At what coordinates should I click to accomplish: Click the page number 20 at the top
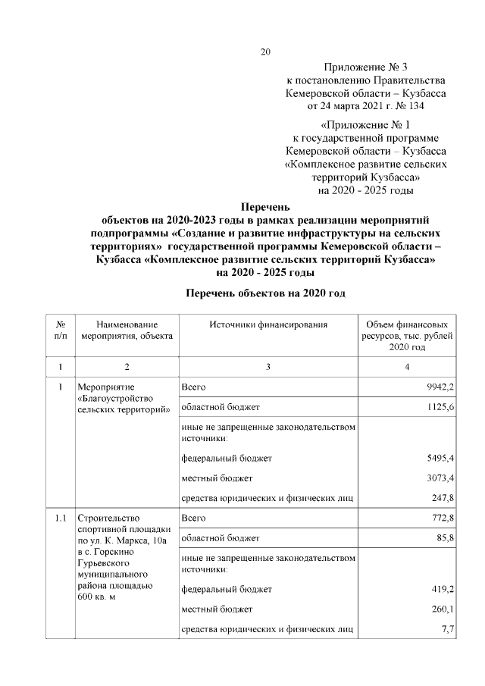[x=264, y=52]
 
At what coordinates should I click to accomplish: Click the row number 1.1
[x=61, y=518]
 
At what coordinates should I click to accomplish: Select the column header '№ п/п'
[x=61, y=330]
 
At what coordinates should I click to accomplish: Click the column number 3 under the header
[x=268, y=368]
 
